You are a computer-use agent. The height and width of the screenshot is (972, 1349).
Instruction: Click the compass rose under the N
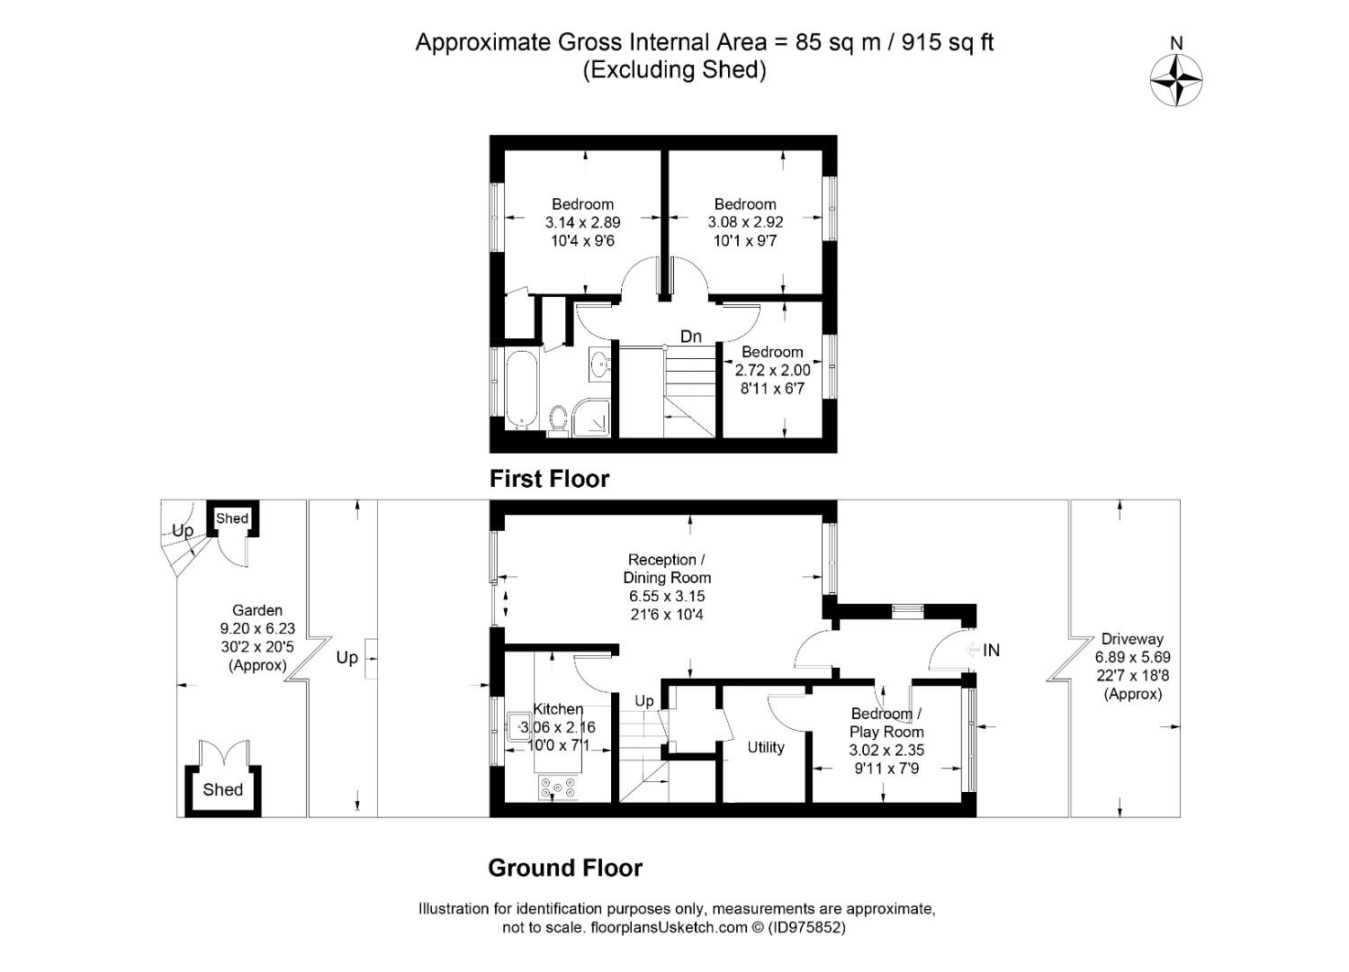tap(1176, 80)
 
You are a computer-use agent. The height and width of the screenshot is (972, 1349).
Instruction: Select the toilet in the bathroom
tap(558, 420)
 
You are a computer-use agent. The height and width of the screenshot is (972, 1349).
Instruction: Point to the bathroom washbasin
tap(600, 363)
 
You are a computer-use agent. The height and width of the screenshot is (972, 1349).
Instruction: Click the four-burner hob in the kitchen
tap(558, 787)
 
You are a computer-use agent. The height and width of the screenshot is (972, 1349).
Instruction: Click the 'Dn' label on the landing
tap(691, 336)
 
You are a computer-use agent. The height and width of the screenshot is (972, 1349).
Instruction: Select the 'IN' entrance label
tap(991, 651)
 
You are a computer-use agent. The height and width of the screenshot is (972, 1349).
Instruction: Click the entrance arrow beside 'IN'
tap(973, 651)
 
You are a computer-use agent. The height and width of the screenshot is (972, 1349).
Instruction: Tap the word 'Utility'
tap(766, 747)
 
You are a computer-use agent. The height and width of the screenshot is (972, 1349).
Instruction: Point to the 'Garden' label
tap(257, 610)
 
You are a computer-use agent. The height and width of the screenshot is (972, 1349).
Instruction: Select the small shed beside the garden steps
tap(232, 518)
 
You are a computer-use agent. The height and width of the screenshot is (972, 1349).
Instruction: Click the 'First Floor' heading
tap(549, 479)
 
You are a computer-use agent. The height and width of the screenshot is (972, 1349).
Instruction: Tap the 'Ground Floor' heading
tap(565, 868)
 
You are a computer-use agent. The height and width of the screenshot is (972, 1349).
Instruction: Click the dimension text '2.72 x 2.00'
tap(773, 370)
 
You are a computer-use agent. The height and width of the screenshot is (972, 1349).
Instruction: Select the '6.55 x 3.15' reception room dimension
tap(667, 596)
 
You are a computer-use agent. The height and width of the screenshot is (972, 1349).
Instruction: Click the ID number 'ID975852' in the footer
tap(807, 927)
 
